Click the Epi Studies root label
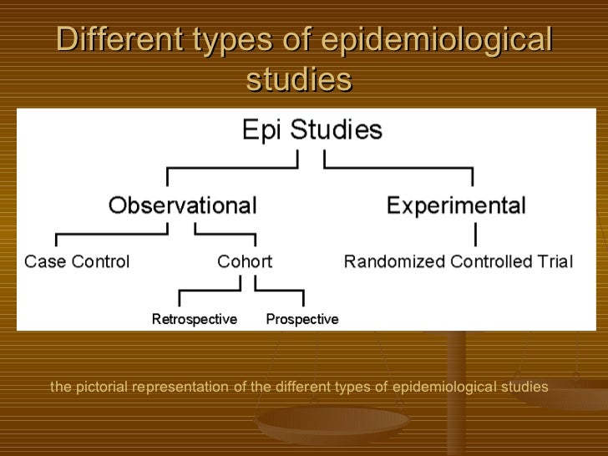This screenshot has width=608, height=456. tap(312, 130)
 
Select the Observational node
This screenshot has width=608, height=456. tap(181, 205)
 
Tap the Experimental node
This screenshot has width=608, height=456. tap(456, 205)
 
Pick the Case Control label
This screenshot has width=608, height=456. tap(77, 261)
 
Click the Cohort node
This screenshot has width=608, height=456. tap(245, 261)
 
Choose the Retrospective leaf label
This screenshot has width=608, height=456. tap(194, 319)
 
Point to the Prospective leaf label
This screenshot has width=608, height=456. tap(301, 319)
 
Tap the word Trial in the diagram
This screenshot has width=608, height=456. tap(554, 261)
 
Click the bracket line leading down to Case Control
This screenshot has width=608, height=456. tap(56, 236)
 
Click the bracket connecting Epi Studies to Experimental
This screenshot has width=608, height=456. tap(401, 170)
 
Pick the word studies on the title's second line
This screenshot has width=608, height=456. tap(299, 80)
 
